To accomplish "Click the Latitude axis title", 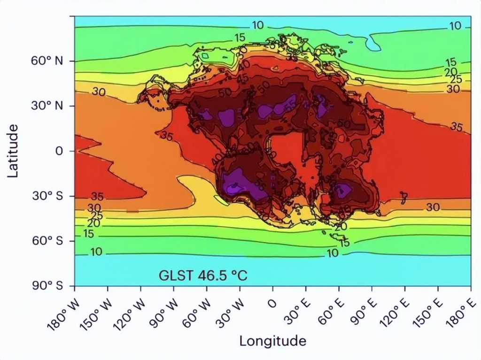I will (x=13, y=151).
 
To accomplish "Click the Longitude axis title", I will (x=272, y=341).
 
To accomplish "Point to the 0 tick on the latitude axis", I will (x=58, y=151).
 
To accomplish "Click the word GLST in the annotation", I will (x=175, y=276).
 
